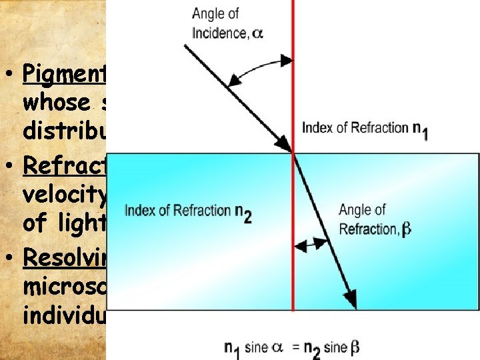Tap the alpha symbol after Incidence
tap(257, 33)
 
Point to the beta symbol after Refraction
tap(406, 229)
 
